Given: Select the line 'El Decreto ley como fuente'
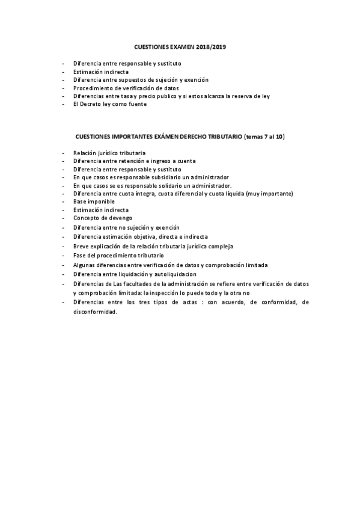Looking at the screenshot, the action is point(110,104).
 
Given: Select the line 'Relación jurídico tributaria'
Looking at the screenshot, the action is point(109,153).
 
